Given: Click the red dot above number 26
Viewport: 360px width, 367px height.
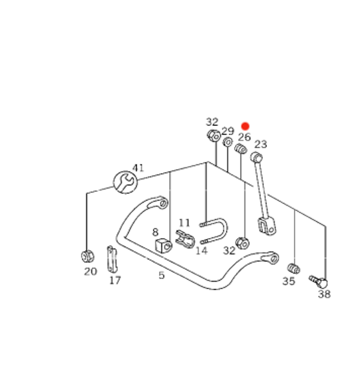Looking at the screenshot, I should tap(245, 126).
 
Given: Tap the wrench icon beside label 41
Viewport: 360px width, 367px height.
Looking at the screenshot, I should tap(125, 181).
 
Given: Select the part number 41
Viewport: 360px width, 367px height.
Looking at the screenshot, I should tap(139, 168).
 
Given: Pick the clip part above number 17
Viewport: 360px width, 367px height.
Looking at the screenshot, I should tap(112, 258).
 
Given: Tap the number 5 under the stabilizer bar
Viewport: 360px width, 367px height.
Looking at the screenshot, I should tap(161, 275).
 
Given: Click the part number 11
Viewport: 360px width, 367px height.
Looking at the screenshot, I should tap(184, 223).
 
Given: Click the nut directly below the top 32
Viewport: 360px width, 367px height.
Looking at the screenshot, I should tap(212, 136).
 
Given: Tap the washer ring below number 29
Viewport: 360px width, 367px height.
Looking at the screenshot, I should tap(228, 143).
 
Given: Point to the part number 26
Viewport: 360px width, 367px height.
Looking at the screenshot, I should tap(244, 137).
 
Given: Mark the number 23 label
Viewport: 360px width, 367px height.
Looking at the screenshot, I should tap(260, 144).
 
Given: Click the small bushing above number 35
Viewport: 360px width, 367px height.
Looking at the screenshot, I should tap(293, 267).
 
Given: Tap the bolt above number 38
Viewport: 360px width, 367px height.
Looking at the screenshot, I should tap(319, 280).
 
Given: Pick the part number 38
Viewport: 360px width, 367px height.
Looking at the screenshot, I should tap(324, 294).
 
